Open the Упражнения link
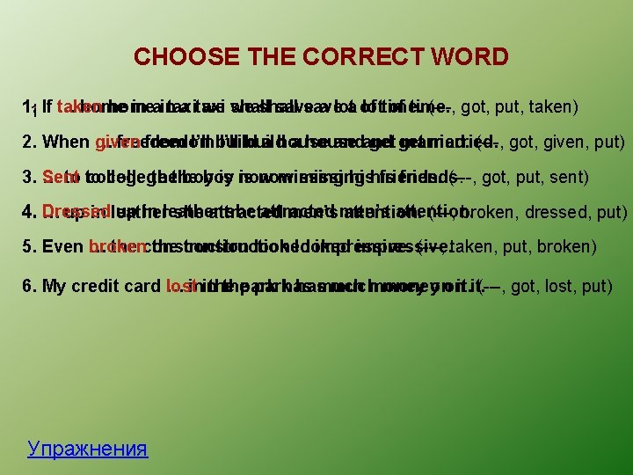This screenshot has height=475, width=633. pyautogui.click(x=87, y=449)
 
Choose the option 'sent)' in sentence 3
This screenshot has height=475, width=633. pyautogui.click(x=570, y=177)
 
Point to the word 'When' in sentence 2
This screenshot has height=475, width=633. pyautogui.click(x=65, y=142)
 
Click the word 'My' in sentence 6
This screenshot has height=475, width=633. pyautogui.click(x=55, y=286)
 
